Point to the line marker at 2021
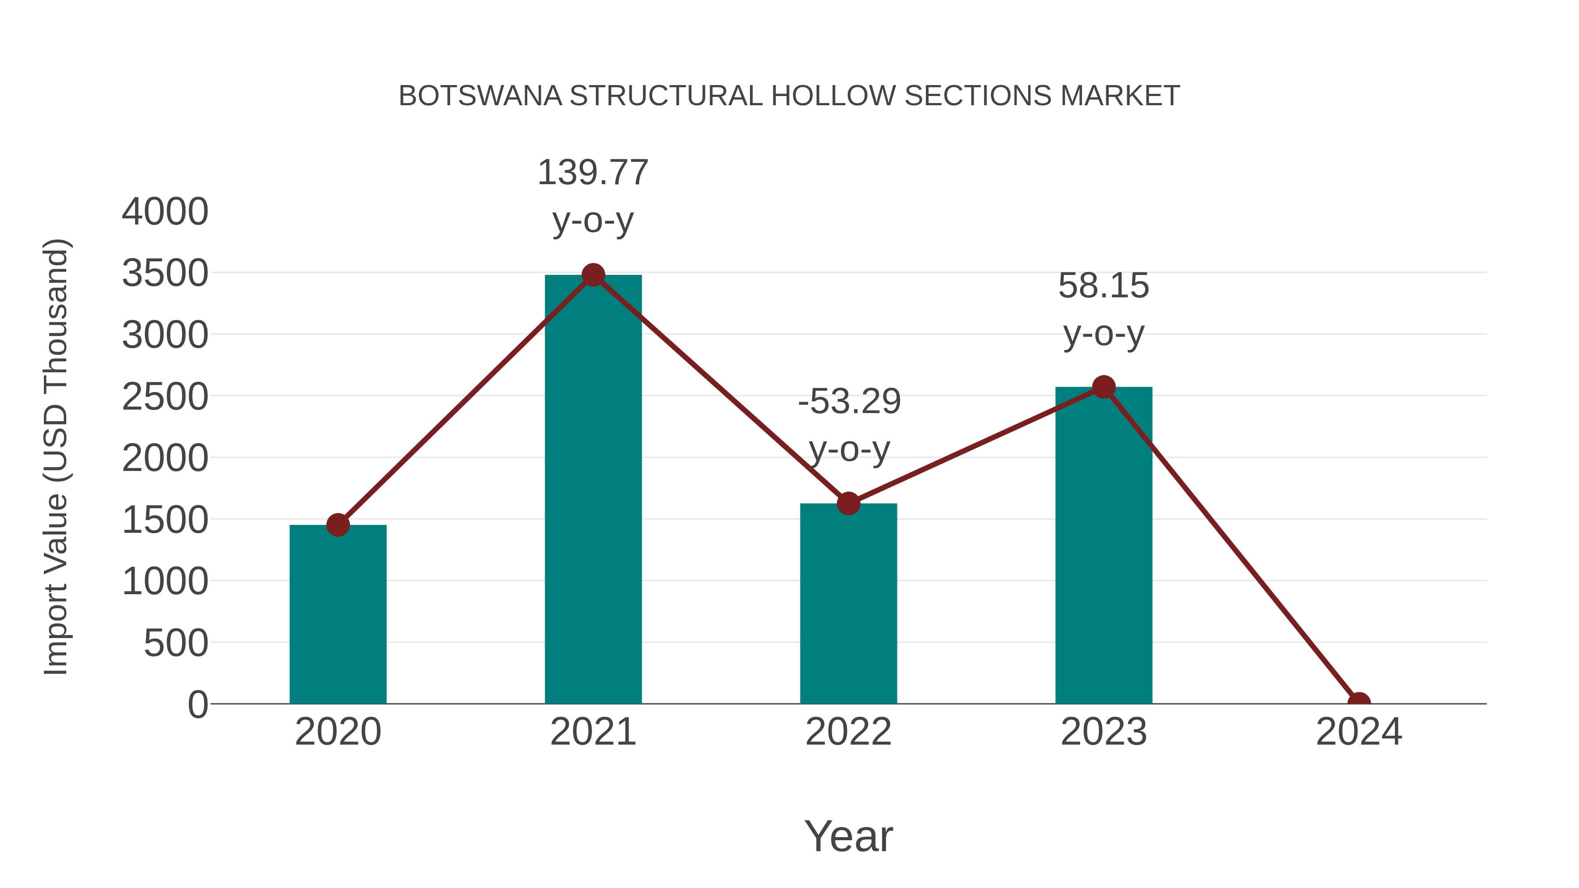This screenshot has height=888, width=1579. (x=593, y=275)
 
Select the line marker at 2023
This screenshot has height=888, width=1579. (x=1104, y=387)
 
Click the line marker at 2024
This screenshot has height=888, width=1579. (x=1358, y=703)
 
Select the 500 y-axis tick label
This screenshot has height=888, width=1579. (x=176, y=643)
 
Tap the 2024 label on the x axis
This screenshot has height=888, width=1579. (x=1358, y=732)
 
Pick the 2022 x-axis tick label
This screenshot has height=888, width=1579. (x=848, y=732)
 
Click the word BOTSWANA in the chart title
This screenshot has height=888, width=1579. (x=480, y=96)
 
